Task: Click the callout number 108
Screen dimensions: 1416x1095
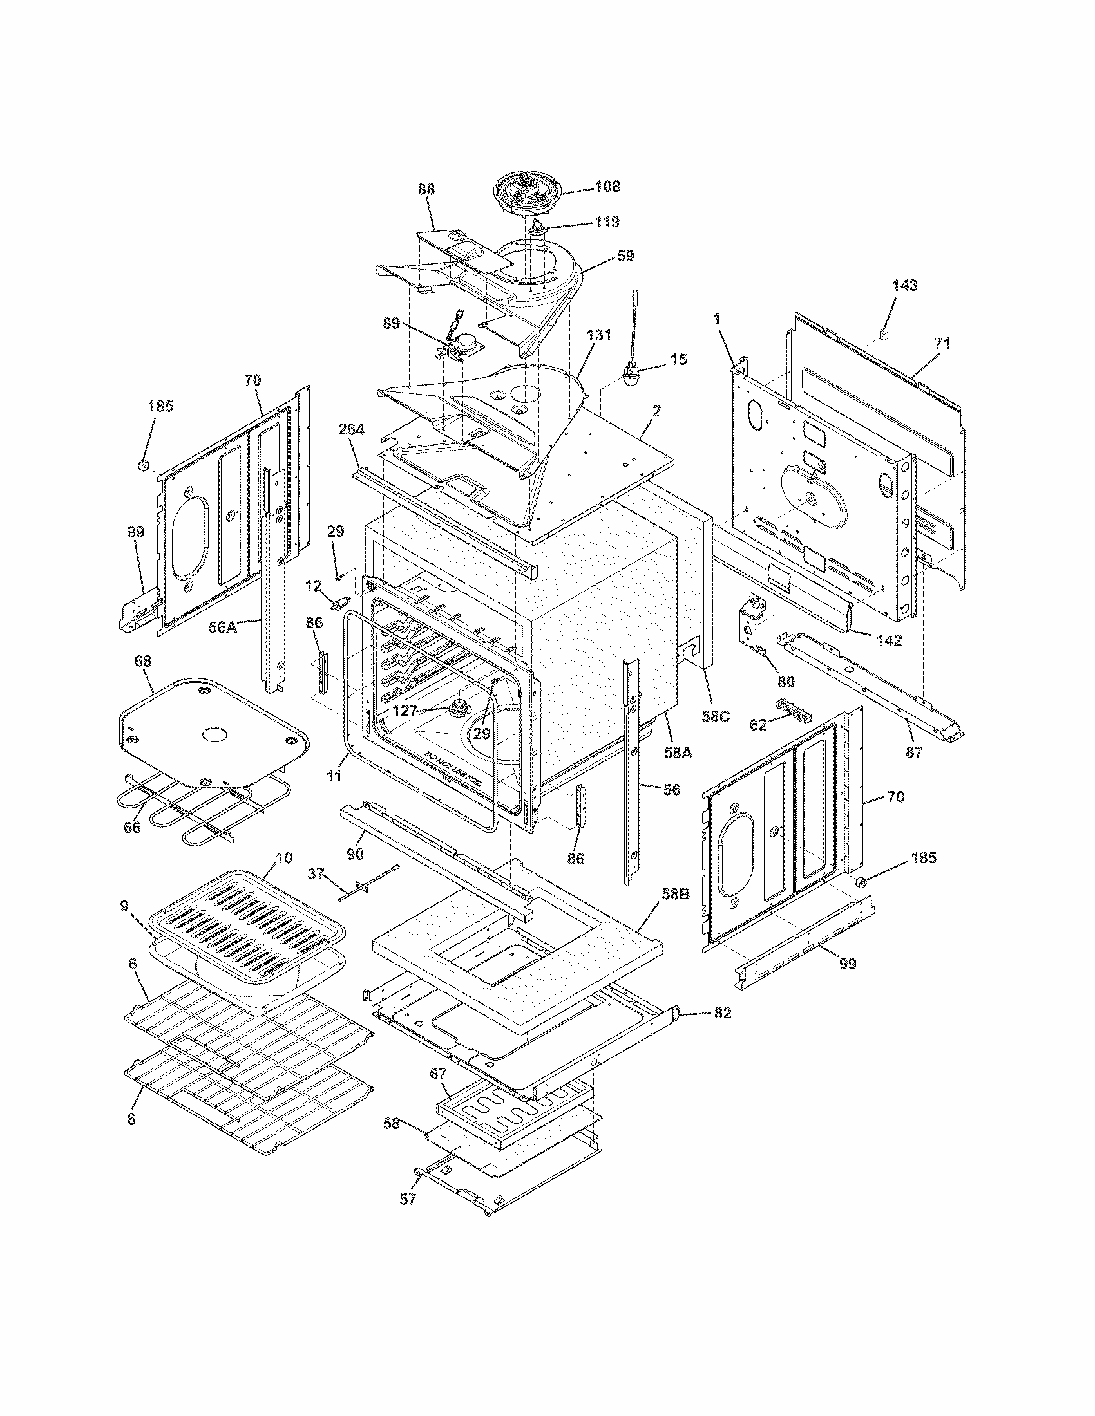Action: coord(607,187)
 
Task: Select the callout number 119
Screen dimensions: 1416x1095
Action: coord(607,222)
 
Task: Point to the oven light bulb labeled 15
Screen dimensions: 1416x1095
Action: coord(630,376)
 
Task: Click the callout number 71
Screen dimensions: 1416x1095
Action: coord(942,344)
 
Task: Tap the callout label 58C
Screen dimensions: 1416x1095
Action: coord(716,716)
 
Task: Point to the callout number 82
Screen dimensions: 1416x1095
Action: coord(723,1012)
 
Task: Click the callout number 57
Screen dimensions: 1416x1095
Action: coord(407,1200)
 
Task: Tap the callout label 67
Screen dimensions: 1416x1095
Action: coord(439,1074)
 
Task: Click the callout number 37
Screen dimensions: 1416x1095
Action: coord(316,875)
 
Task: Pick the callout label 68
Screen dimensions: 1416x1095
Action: coord(143,660)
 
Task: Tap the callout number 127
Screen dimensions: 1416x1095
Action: coord(405,711)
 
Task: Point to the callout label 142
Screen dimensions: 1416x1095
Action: coord(889,640)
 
